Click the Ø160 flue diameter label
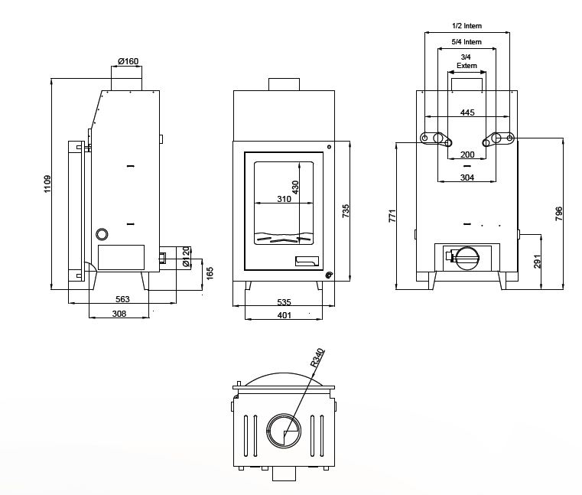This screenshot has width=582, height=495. point(128,61)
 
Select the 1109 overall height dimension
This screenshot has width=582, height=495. point(47,184)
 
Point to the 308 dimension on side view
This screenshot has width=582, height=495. point(119,314)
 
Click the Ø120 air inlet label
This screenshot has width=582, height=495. point(187,258)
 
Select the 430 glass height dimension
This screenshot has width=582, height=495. point(295,187)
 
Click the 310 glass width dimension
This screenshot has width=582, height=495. point(284,200)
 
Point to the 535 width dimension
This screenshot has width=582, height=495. point(284,302)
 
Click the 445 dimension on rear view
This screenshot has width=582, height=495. point(467,112)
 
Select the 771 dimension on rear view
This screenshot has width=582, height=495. point(392,216)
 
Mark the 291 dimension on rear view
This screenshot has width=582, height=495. point(538,261)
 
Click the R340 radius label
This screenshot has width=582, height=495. point(317,358)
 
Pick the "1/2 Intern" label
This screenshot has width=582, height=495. point(467,26)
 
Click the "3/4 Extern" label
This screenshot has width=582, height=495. point(467,61)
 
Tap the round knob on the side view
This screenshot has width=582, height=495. point(102,234)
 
